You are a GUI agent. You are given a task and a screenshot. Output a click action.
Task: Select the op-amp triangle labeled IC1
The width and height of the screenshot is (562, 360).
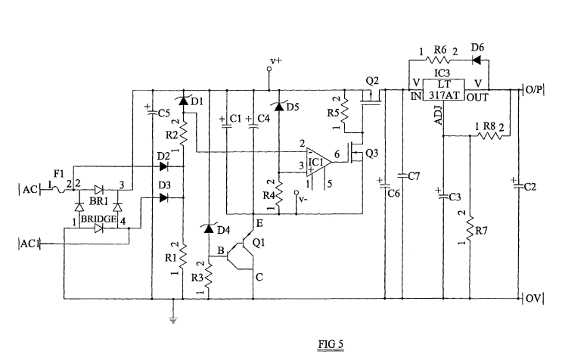pyautogui.click(x=315, y=161)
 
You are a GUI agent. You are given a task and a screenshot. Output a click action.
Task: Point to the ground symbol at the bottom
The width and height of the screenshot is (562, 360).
pyautogui.click(x=174, y=319)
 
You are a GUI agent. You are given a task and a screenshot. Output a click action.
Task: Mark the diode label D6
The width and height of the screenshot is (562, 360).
pyautogui.click(x=477, y=47)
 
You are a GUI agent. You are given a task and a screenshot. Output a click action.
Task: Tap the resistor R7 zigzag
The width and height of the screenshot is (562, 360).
pyautogui.click(x=470, y=228)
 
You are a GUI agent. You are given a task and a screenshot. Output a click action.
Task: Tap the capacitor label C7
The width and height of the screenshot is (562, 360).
pyautogui.click(x=413, y=176)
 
